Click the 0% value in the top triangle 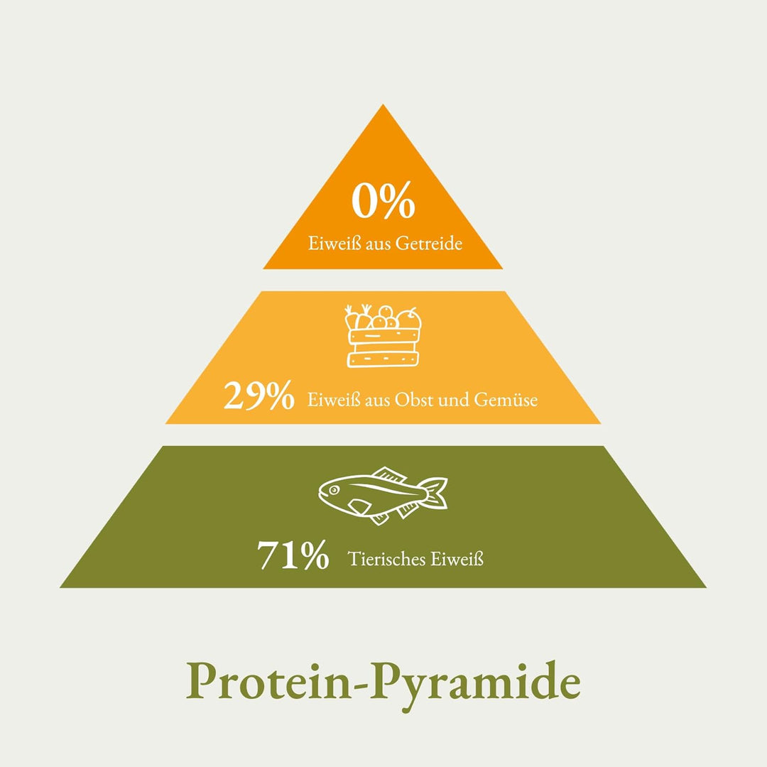point(383,200)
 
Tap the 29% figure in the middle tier point(259,395)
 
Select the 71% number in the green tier point(293,555)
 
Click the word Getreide point(428,243)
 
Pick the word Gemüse point(506,400)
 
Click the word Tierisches point(386,559)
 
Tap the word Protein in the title point(268,681)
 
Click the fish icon point(383,495)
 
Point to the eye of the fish point(334,489)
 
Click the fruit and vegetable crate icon point(383,336)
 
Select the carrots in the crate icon point(358,317)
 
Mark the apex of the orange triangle point(383,104)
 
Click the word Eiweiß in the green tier point(457,559)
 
